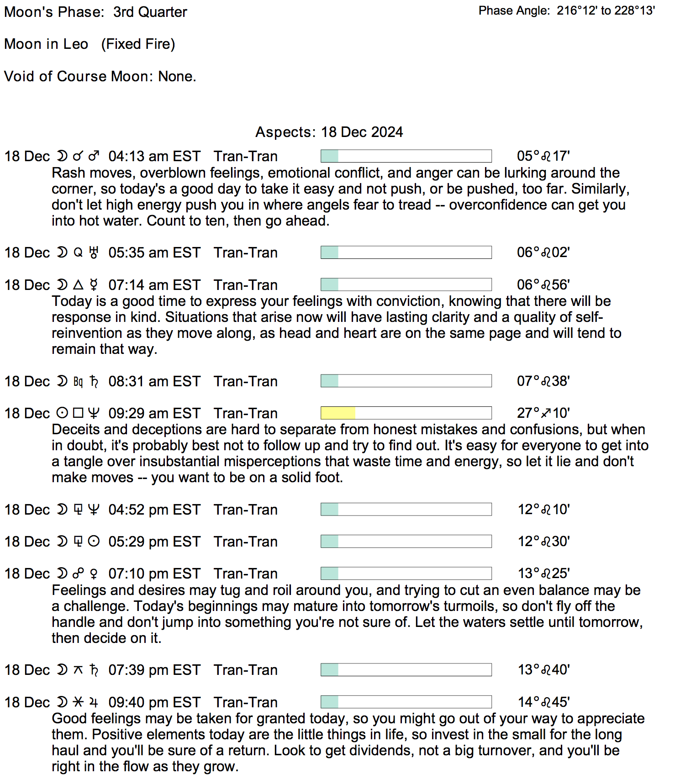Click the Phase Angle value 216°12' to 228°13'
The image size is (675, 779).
[606, 11]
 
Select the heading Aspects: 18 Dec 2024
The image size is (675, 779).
[329, 132]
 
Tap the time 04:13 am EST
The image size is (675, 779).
[154, 156]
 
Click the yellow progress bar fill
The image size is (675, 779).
[338, 413]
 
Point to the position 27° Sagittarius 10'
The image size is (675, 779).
[543, 413]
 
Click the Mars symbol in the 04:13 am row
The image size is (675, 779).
[94, 156]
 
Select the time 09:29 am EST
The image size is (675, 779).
[154, 413]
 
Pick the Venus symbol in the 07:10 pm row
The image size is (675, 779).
[94, 574]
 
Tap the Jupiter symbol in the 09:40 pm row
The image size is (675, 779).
[94, 702]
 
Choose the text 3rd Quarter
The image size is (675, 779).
[150, 12]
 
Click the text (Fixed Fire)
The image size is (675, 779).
[138, 44]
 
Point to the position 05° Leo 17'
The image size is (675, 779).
[543, 156]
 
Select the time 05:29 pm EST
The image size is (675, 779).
[154, 542]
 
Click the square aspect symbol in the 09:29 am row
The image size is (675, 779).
[79, 413]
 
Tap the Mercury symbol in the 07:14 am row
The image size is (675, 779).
[94, 285]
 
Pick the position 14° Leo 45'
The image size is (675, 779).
[543, 702]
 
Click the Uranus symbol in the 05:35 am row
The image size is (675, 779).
[94, 253]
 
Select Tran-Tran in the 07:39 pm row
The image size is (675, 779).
[246, 670]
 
